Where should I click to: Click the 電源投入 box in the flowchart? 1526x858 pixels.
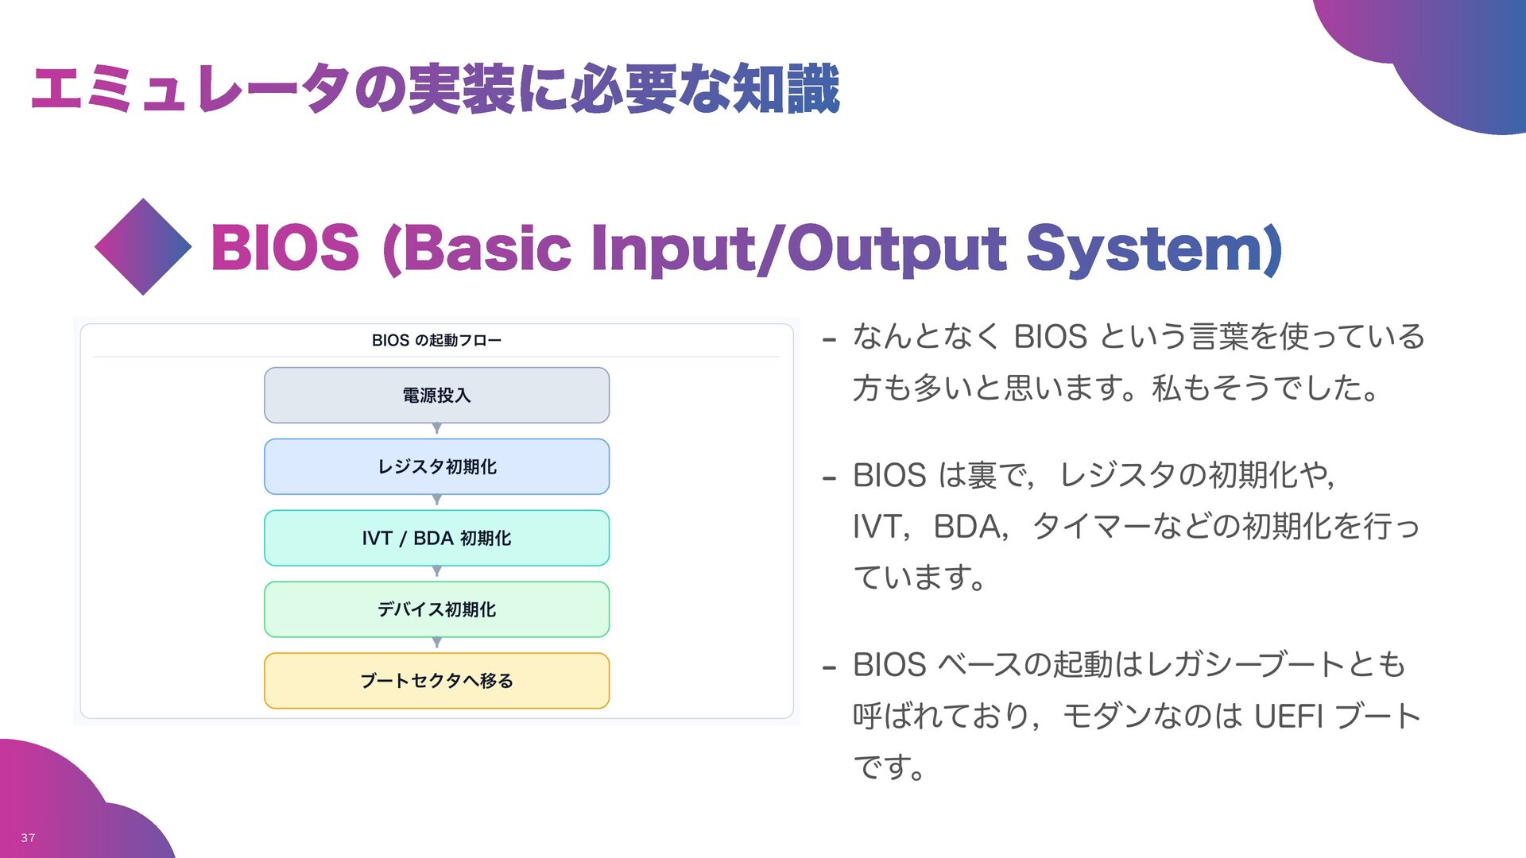coord(436,395)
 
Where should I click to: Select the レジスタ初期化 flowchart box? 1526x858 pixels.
coord(436,466)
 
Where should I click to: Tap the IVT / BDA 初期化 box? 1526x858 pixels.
coord(436,538)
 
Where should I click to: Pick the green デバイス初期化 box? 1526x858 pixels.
coord(436,609)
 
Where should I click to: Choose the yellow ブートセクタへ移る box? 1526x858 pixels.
coord(436,681)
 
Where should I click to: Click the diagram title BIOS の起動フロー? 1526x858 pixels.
coord(436,340)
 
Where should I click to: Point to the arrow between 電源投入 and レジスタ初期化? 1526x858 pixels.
coord(436,429)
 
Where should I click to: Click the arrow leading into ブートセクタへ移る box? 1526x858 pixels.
coord(436,643)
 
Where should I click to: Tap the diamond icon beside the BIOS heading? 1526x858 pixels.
coord(143,247)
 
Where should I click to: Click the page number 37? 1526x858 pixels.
coord(28,837)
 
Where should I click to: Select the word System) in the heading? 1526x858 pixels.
coord(1154,248)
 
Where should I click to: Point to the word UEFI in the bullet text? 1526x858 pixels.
coord(1288,716)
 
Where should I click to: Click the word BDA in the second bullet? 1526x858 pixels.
coord(966,526)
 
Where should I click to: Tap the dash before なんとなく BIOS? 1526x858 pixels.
coord(830,340)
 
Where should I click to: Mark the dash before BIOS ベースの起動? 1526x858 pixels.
coord(830,667)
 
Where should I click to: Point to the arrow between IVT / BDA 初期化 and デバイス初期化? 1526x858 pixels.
coord(436,572)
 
